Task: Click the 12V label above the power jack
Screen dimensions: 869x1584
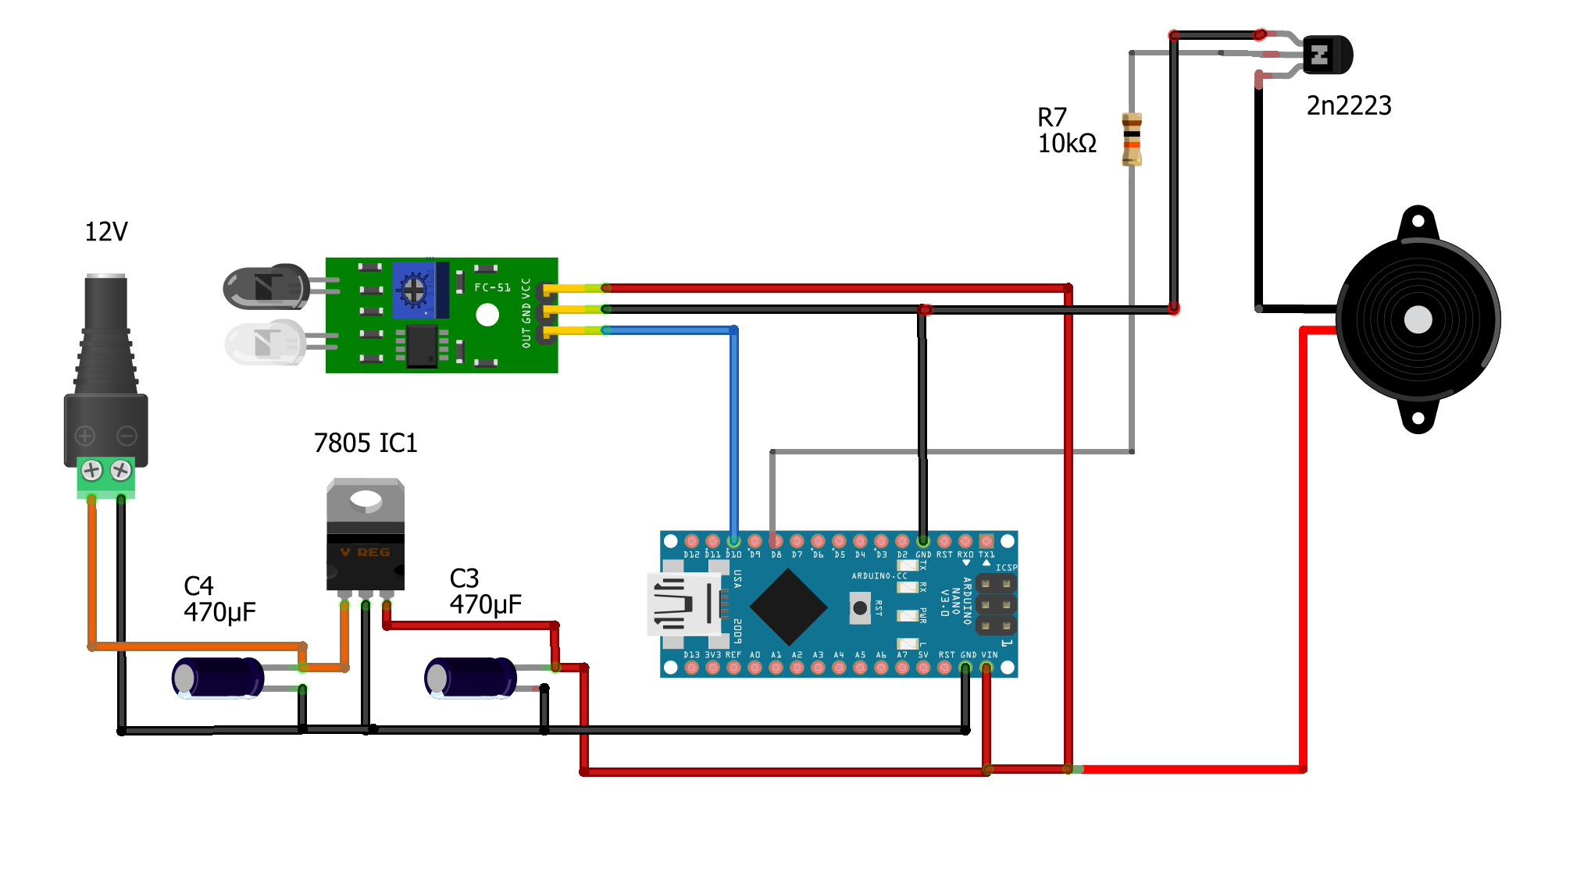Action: pyautogui.click(x=105, y=232)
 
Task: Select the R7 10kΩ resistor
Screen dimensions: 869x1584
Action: pyautogui.click(x=1132, y=139)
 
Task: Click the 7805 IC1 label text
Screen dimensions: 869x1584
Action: pyautogui.click(x=365, y=443)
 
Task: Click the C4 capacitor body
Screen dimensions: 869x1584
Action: pyautogui.click(x=218, y=677)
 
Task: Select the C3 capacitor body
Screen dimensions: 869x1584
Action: pyautogui.click(x=470, y=677)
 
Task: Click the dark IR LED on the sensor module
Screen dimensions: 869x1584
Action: pyautogui.click(x=266, y=287)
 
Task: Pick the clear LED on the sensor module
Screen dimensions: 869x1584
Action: pyautogui.click(x=264, y=343)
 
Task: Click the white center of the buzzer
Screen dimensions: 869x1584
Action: pyautogui.click(x=1418, y=319)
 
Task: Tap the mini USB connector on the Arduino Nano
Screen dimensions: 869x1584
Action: pyautogui.click(x=683, y=604)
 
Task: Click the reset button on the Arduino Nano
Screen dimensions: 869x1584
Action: pyautogui.click(x=860, y=607)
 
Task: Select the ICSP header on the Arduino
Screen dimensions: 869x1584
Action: pyautogui.click(x=996, y=604)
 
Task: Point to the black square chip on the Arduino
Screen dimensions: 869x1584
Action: pyautogui.click(x=788, y=607)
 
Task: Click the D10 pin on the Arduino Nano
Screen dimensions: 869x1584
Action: pyautogui.click(x=733, y=541)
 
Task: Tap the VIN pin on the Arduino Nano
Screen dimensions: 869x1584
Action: pyautogui.click(x=986, y=668)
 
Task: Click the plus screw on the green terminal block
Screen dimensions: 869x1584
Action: pyautogui.click(x=92, y=470)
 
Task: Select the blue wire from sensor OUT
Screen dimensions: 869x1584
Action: pyautogui.click(x=734, y=429)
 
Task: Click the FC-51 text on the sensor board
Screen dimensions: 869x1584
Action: pyautogui.click(x=492, y=287)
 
